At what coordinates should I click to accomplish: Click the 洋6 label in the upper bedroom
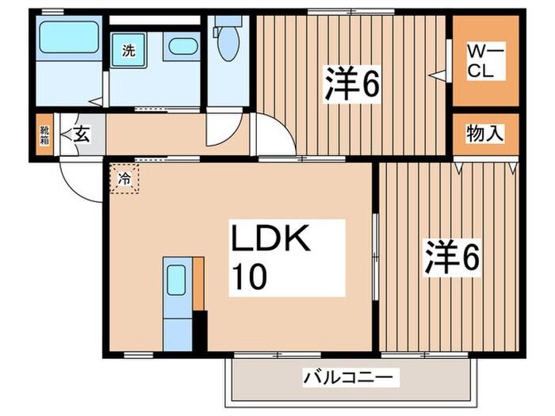(x=350, y=84)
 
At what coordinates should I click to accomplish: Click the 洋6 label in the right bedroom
(x=453, y=257)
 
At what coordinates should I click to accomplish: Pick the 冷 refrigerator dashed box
(x=124, y=179)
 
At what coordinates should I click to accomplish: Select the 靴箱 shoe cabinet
(x=44, y=135)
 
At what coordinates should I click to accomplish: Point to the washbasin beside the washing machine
(x=183, y=46)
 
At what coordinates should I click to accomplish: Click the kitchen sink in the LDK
(x=176, y=279)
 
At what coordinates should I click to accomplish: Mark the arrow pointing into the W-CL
(x=437, y=75)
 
